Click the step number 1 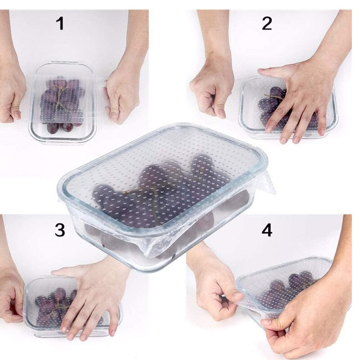pyautogui.click(x=60, y=23)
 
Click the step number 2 pyautogui.click(x=267, y=23)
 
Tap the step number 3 pyautogui.click(x=60, y=230)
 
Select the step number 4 pyautogui.click(x=267, y=230)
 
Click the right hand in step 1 pyautogui.click(x=121, y=96)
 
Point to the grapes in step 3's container pyautogui.click(x=55, y=306)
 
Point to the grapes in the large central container pyautogui.click(x=161, y=198)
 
